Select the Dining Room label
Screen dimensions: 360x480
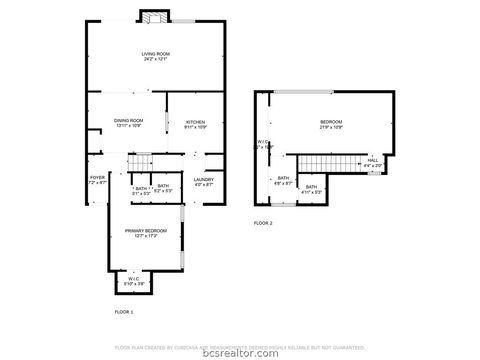pos(127,121)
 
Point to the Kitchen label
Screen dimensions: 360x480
pos(195,122)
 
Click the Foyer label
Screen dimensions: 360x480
pos(97,179)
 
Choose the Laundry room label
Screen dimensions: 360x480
pos(204,179)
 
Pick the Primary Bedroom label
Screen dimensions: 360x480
pos(146,232)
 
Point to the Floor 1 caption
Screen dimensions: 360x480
pos(125,313)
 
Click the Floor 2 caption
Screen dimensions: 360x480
pos(263,223)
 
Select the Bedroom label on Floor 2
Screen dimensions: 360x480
pos(331,123)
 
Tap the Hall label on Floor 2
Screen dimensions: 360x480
pos(372,160)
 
